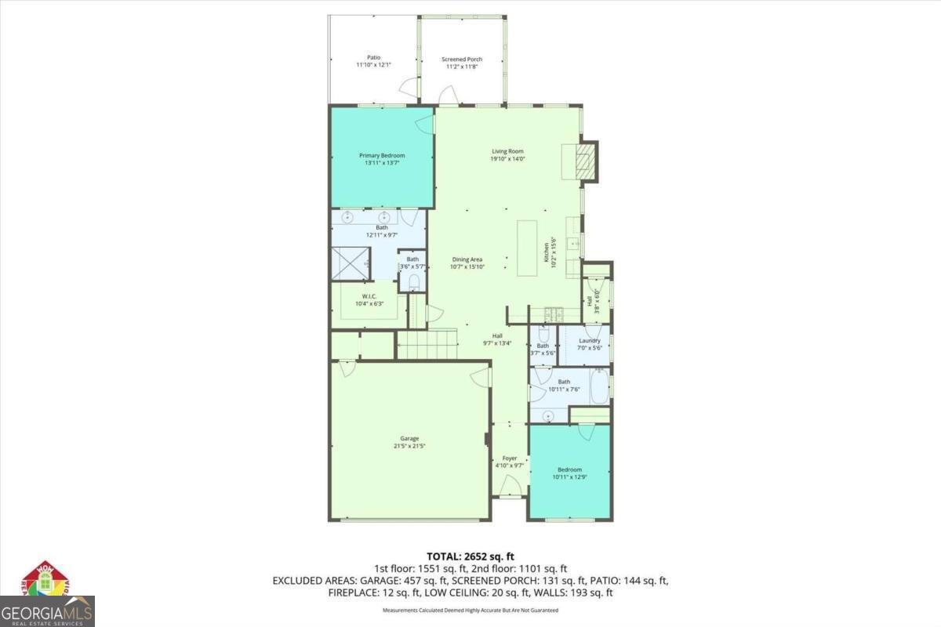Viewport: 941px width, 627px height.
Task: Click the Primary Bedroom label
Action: [x=382, y=159]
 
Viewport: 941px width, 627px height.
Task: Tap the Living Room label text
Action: [x=507, y=154]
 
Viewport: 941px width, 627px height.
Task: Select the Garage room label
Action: [x=409, y=442]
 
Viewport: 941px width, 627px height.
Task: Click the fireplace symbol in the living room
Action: [x=583, y=161]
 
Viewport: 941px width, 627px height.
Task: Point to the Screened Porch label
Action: [x=461, y=63]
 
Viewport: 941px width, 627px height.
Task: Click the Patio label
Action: [x=373, y=61]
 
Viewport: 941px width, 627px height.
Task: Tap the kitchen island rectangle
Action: [x=527, y=249]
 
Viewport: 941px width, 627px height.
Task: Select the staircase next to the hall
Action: [x=427, y=344]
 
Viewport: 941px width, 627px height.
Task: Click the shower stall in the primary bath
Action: [x=348, y=263]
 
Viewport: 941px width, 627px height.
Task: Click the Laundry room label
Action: [x=589, y=344]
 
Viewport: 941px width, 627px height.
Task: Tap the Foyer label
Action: [x=509, y=462]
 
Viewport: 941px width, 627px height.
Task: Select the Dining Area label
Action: [x=467, y=263]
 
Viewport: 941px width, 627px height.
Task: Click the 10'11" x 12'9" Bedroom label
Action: [x=569, y=473]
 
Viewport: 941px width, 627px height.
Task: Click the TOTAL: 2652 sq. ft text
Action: [x=470, y=556]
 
